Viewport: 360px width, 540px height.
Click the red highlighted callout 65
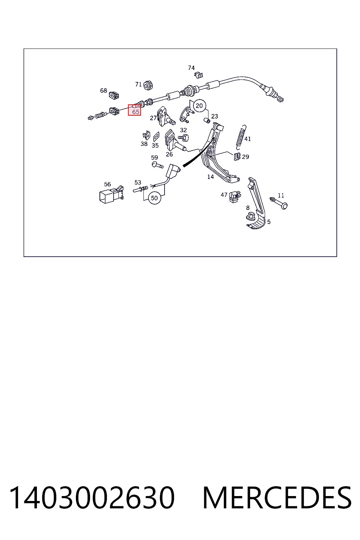coord(134,110)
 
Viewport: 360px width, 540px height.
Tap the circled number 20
coord(199,105)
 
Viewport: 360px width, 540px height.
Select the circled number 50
coord(154,198)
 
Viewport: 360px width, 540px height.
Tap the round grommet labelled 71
coord(148,85)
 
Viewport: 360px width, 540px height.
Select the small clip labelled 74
coord(198,75)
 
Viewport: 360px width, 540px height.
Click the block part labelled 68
coord(114,95)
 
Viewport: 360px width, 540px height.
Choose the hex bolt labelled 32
coord(184,138)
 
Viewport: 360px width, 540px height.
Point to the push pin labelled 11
coord(278,202)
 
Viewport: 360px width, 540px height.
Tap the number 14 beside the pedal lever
coord(211,177)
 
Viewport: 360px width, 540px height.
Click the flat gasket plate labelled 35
coord(156,137)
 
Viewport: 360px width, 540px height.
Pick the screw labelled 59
coord(158,165)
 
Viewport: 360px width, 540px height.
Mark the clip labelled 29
coord(237,157)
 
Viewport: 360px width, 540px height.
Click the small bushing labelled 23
coord(207,120)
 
